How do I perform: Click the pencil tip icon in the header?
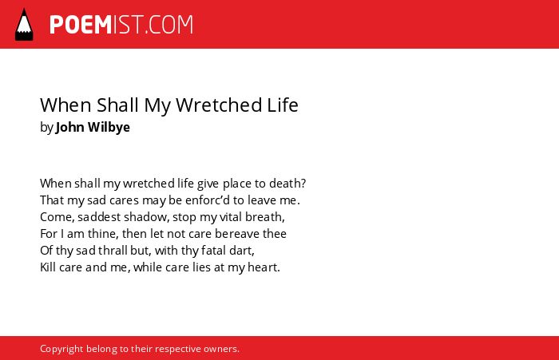pyautogui.click(x=24, y=24)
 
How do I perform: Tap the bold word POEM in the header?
pyautogui.click(x=81, y=25)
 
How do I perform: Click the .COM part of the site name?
pyautogui.click(x=169, y=25)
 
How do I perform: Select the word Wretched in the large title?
pyautogui.click(x=219, y=105)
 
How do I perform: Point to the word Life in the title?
pyautogui.click(x=283, y=105)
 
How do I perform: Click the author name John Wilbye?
pyautogui.click(x=93, y=127)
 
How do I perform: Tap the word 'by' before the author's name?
pyautogui.click(x=46, y=128)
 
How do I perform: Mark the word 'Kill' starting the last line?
pyautogui.click(x=48, y=267)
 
